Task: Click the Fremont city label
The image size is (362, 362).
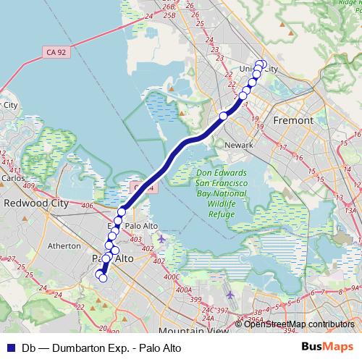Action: (x=294, y=120)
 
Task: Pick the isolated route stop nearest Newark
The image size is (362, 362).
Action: (x=223, y=116)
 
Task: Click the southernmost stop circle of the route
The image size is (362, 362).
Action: (x=103, y=277)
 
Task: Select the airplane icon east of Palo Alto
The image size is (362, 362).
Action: (x=161, y=238)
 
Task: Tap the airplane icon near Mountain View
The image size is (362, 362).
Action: (x=230, y=295)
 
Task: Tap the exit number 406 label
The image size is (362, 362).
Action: (x=88, y=206)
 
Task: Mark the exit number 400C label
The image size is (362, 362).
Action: (x=172, y=277)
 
